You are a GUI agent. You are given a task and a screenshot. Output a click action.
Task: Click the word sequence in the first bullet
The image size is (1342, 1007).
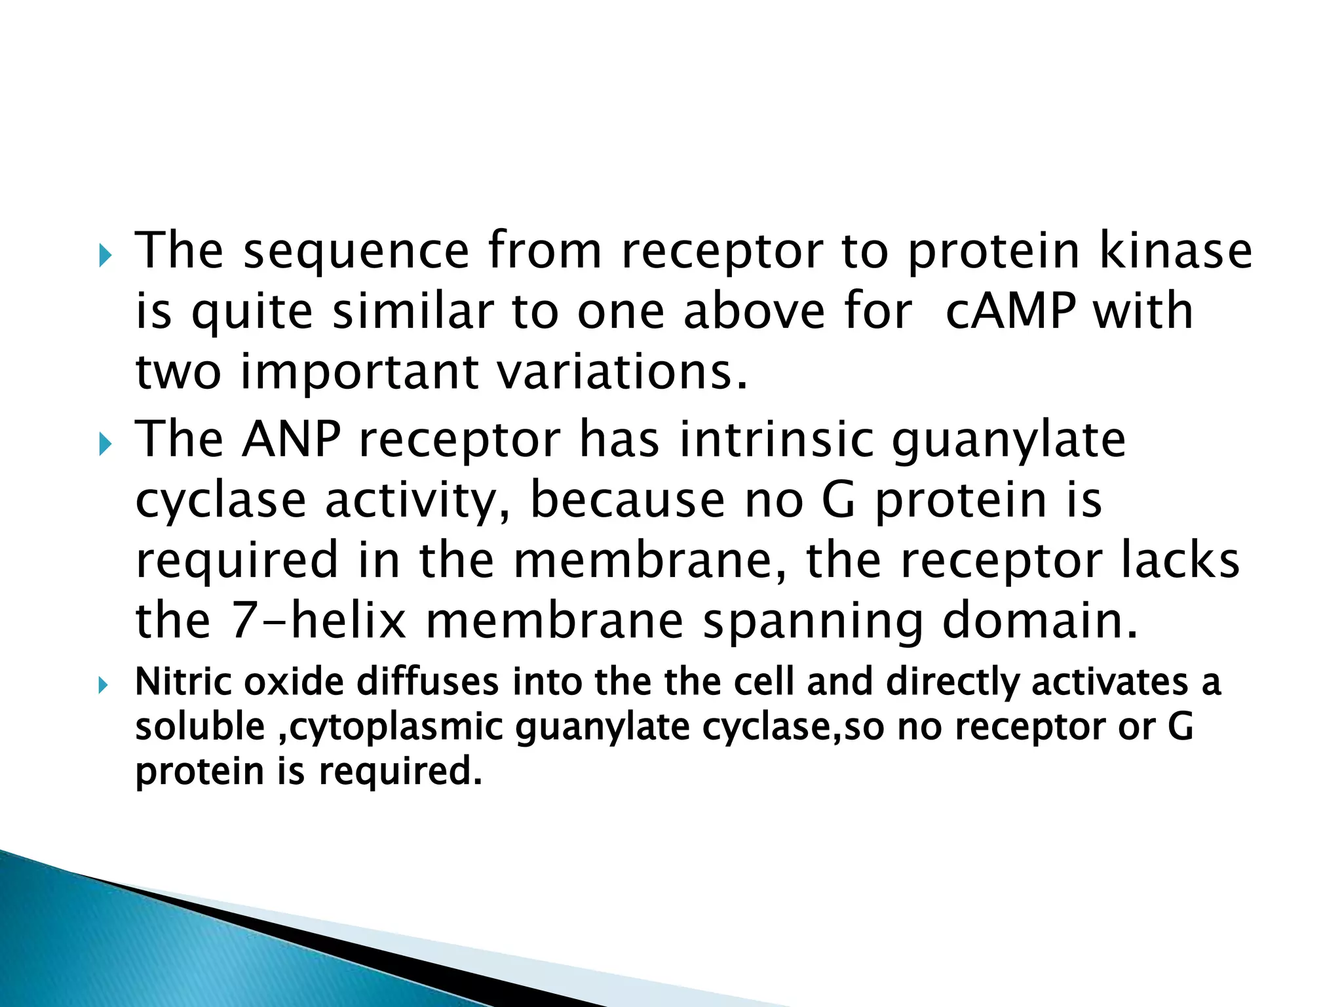(356, 252)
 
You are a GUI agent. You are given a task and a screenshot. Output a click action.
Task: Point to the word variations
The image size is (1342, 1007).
(621, 372)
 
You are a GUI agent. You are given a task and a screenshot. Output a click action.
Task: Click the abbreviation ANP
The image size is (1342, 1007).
(291, 439)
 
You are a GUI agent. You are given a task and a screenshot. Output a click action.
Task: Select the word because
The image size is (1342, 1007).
(627, 500)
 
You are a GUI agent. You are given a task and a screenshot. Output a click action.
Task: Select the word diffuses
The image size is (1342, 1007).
(427, 682)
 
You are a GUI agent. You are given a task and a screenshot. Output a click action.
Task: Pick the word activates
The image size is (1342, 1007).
(1109, 682)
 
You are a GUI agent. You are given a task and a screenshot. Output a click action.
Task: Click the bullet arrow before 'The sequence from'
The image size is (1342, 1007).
(105, 256)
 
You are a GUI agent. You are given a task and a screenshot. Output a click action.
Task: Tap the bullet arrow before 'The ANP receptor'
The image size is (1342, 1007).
(105, 445)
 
